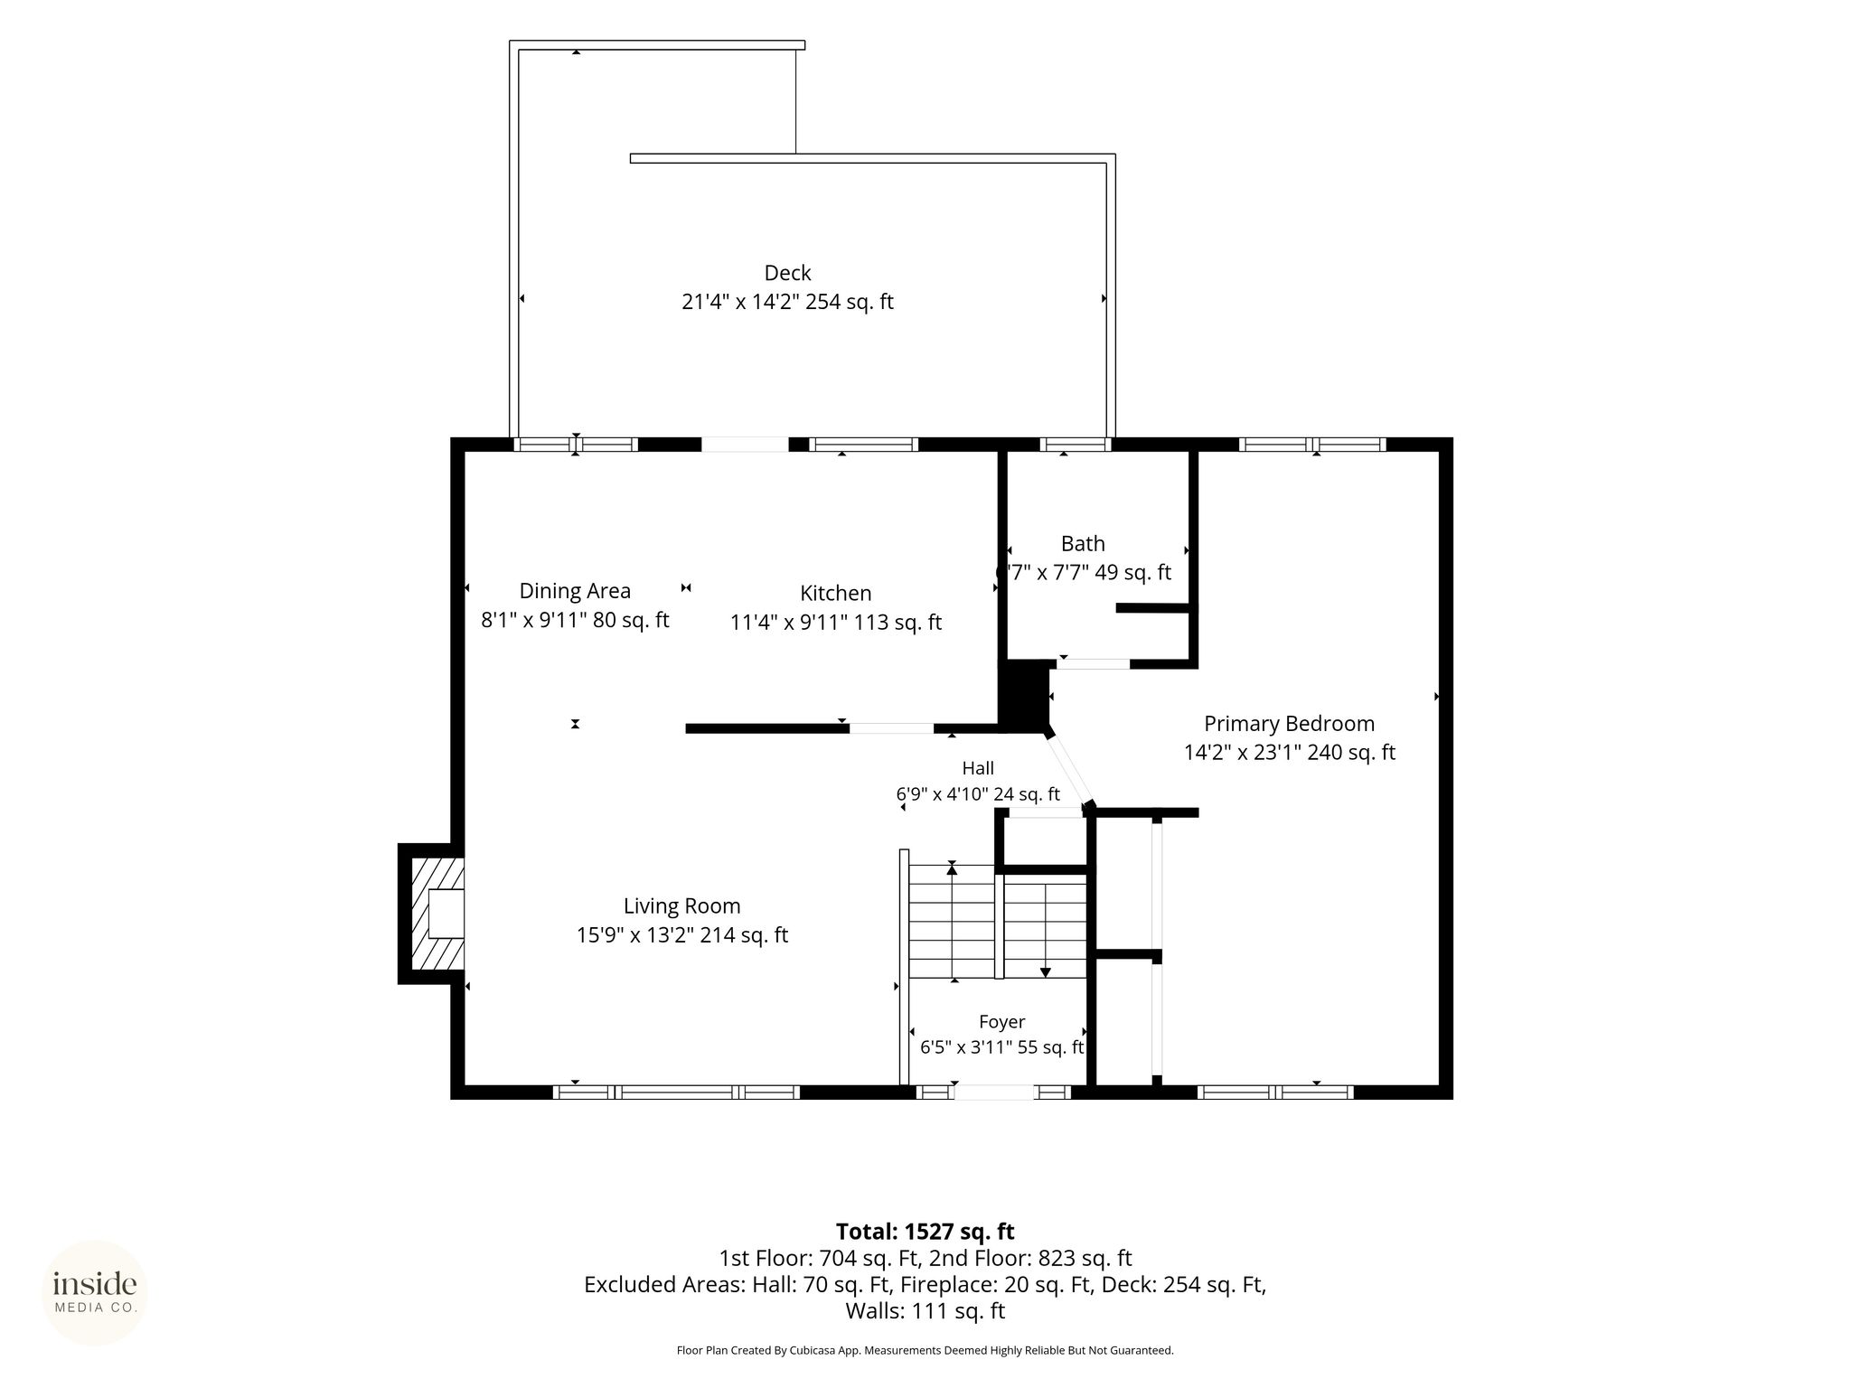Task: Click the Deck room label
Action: tap(787, 273)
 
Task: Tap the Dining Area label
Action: tap(575, 591)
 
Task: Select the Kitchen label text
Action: tap(836, 594)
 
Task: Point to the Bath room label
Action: tap(1083, 544)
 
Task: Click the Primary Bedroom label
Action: tap(1290, 724)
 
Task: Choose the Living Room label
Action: tap(682, 906)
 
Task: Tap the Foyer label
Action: tap(1002, 1022)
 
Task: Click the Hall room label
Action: tap(978, 769)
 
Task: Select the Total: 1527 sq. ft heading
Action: tap(925, 1232)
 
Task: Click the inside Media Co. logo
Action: tap(95, 1292)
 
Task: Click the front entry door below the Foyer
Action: tap(993, 1093)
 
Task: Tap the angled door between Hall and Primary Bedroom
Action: tap(1068, 770)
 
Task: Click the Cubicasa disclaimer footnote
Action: tap(925, 1351)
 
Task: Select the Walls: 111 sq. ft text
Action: tap(925, 1311)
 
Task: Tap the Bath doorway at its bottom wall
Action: tap(1094, 664)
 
